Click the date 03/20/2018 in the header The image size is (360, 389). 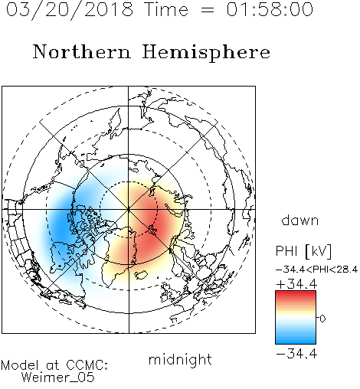pos(70,10)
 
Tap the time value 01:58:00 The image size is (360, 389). pos(270,9)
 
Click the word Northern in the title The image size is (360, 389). pos(82,51)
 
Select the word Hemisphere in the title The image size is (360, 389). pos(206,53)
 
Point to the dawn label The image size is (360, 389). pos(300,220)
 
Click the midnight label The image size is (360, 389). pos(180,360)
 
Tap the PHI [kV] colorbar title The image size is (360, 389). pos(303,251)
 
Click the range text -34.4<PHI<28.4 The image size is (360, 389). pos(316,270)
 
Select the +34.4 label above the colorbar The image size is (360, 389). pos(296,284)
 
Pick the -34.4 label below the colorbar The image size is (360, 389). pos(296,354)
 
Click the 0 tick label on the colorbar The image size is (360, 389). pos(322,319)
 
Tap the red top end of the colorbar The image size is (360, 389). pos(296,293)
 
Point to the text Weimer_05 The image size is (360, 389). pos(58,378)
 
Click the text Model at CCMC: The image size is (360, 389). pos(54,365)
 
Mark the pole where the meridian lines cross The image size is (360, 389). pos(129,209)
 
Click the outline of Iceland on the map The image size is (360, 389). pos(141,275)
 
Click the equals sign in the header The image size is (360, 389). pos(208,10)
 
